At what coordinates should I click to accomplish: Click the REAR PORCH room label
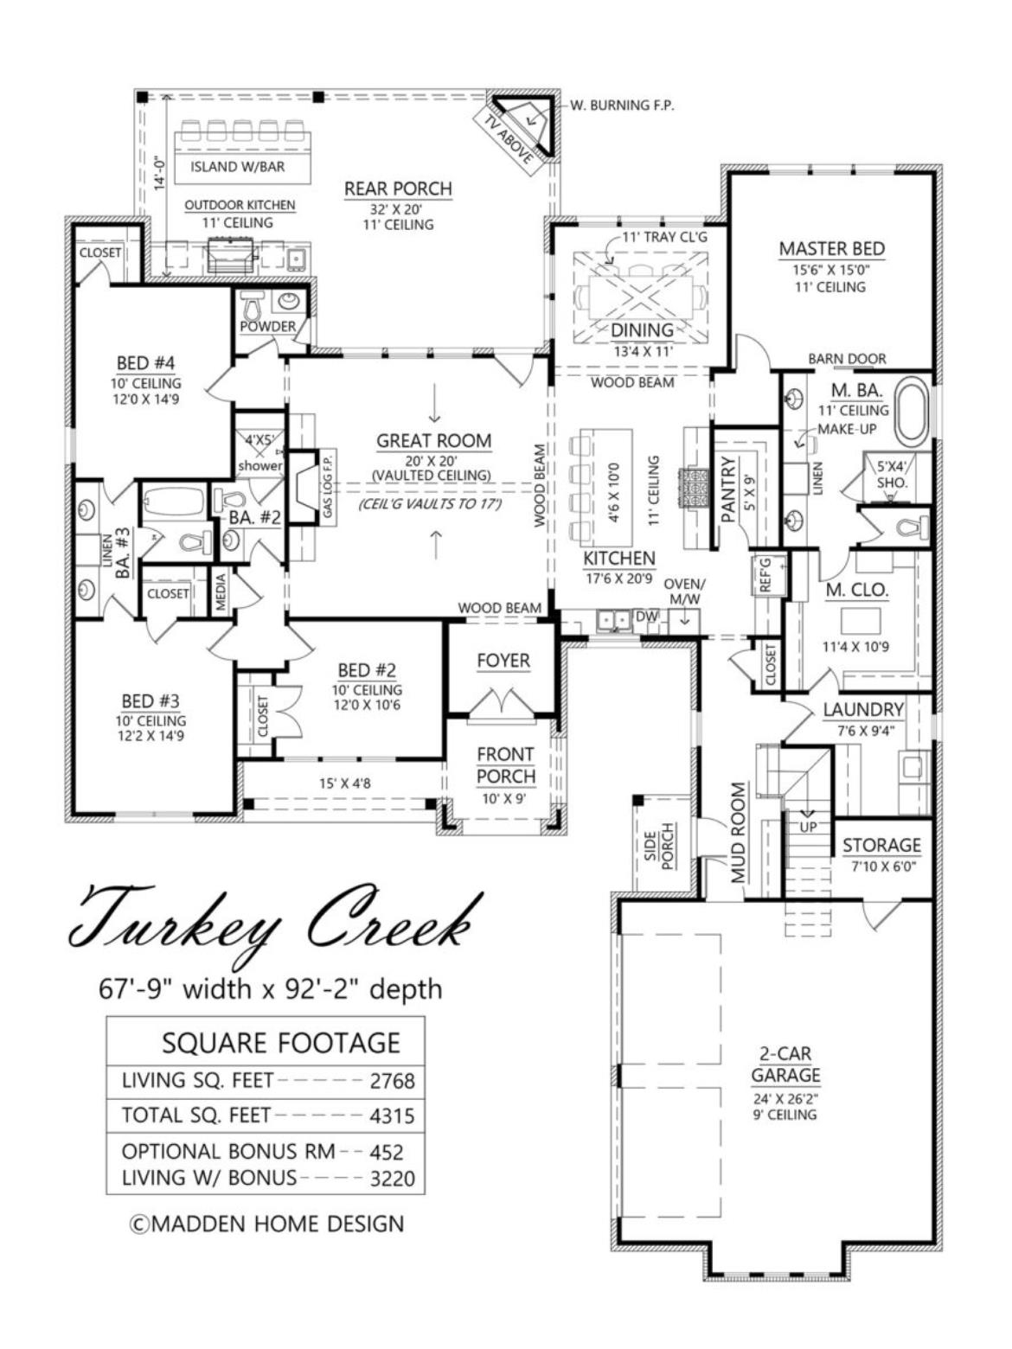click(x=398, y=189)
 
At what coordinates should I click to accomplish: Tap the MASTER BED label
click(x=831, y=249)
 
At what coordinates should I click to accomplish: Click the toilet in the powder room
click(x=253, y=304)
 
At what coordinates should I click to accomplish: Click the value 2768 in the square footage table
click(x=392, y=1081)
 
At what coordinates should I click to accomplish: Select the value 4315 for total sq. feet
click(x=392, y=1116)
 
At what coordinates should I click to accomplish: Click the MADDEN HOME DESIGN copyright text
click(x=266, y=1224)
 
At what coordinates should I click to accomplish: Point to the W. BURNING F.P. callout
click(x=621, y=105)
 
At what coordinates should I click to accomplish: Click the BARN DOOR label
click(x=847, y=359)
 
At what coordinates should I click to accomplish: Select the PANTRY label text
click(x=728, y=489)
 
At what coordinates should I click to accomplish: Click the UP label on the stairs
click(x=808, y=826)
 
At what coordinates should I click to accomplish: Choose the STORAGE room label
click(x=881, y=845)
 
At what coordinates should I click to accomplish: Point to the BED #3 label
click(x=151, y=701)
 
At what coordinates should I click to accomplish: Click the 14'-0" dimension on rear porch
click(x=159, y=172)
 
